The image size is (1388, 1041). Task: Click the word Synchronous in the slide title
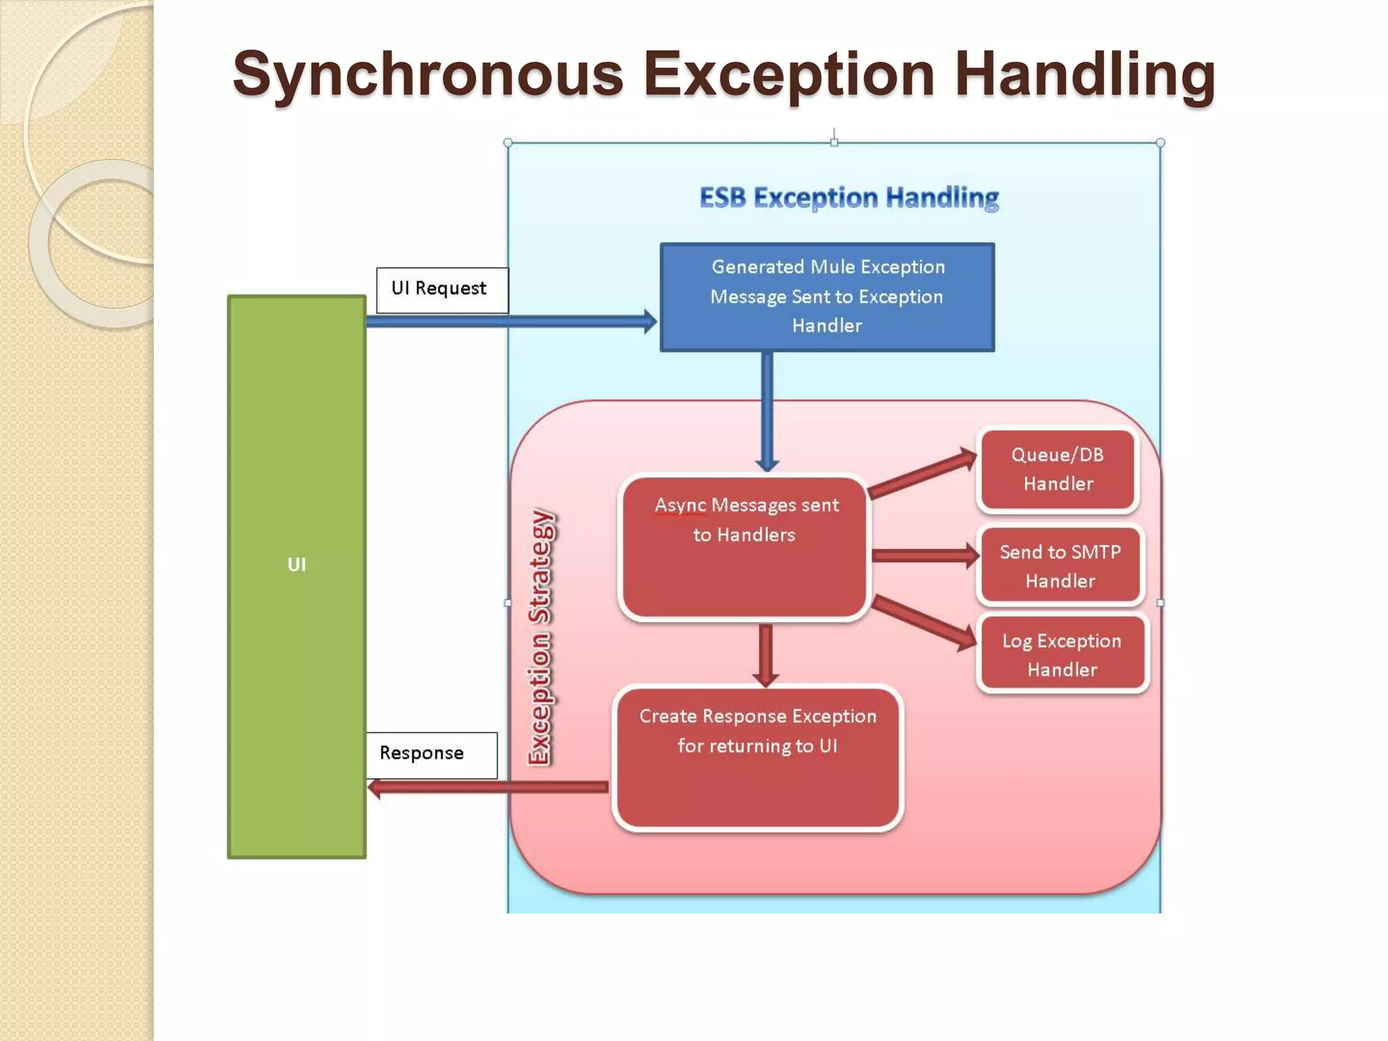click(427, 75)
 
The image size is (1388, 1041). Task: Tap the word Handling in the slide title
click(1084, 75)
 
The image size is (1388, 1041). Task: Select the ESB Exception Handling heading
click(849, 198)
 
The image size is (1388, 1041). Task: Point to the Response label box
click(431, 754)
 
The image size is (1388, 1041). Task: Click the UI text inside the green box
click(297, 565)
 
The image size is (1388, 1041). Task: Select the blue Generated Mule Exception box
click(827, 297)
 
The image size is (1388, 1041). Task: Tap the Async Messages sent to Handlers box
click(744, 548)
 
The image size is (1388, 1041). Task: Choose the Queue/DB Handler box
click(1057, 469)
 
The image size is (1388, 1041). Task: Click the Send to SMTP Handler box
click(1060, 566)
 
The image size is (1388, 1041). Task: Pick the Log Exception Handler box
click(1061, 654)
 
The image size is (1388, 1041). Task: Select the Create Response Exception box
click(757, 758)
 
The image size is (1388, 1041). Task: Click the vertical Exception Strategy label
click(540, 637)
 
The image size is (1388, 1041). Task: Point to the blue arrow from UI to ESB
click(508, 321)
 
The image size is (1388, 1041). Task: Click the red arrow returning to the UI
click(488, 787)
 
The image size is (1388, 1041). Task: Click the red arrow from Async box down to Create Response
click(766, 654)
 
